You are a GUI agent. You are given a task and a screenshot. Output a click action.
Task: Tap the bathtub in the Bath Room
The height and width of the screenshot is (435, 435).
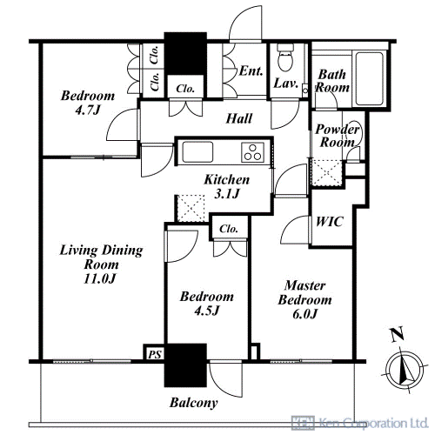370,78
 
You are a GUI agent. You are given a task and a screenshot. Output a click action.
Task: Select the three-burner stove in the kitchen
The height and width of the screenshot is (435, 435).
252,152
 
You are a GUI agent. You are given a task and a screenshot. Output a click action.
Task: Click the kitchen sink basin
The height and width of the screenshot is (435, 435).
197,152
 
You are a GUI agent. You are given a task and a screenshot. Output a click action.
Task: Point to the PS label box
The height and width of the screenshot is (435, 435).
154,353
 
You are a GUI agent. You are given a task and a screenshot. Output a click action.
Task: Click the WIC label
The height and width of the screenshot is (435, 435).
330,222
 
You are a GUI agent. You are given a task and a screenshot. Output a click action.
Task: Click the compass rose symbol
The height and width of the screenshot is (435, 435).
405,369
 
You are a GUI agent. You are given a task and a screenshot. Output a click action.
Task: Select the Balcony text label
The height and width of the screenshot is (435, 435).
193,403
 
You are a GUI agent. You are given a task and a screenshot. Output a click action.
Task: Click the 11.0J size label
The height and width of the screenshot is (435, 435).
100,278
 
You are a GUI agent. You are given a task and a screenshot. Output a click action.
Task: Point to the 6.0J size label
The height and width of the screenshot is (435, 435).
304,313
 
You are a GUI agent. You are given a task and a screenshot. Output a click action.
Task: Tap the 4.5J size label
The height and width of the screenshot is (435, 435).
206,311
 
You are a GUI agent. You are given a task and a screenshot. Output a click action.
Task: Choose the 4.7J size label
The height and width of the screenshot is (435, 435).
88,110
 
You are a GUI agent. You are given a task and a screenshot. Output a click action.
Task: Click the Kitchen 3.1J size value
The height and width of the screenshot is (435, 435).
227,193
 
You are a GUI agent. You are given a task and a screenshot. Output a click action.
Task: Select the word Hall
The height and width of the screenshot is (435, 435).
239,118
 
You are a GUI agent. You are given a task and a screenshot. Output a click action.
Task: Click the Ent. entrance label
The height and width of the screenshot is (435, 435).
251,71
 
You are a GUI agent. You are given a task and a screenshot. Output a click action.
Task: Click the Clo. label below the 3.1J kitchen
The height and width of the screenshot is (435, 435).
229,229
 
